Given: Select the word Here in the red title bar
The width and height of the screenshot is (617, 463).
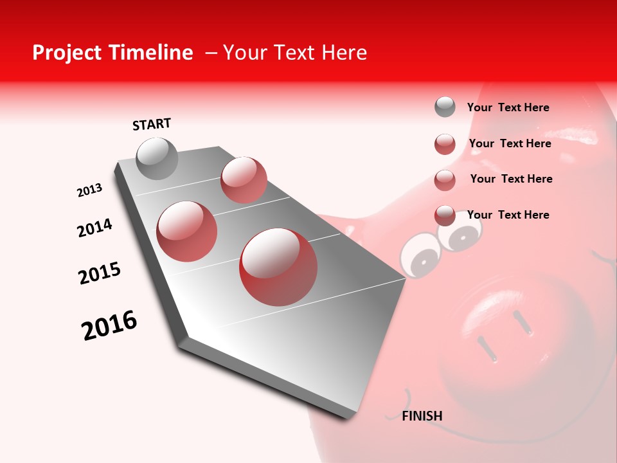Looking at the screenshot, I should tap(344, 53).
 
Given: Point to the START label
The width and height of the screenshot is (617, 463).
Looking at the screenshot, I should tap(152, 124).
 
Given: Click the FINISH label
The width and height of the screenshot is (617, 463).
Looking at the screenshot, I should tap(422, 416).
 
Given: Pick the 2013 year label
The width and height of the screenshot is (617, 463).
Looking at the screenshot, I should tap(89, 190).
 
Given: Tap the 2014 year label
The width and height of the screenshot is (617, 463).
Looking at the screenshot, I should tap(94, 228).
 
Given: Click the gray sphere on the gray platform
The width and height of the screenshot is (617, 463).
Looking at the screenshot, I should tap(157, 158).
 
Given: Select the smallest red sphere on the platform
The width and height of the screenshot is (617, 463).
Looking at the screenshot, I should tap(244, 180).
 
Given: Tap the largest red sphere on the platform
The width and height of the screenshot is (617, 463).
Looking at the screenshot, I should tap(278, 267).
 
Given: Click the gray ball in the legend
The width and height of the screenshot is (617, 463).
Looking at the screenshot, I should tap(445, 107).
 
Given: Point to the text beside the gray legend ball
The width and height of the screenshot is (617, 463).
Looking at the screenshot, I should tap(508, 107).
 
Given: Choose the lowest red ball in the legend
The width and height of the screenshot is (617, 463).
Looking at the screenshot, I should tap(445, 215).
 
